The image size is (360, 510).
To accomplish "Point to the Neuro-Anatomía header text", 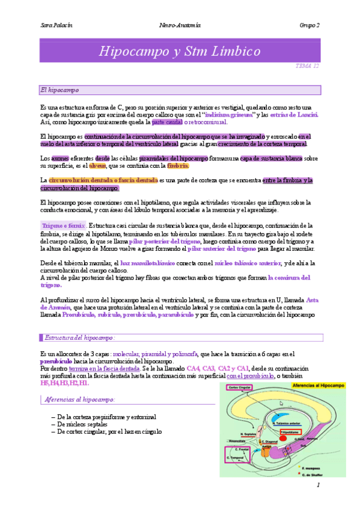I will pyautogui.click(x=180, y=25).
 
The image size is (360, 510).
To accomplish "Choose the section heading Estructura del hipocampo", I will pyautogui.click(x=79, y=338).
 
